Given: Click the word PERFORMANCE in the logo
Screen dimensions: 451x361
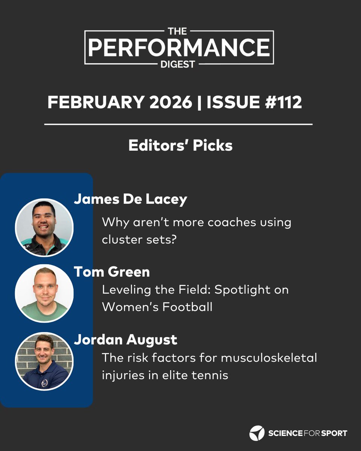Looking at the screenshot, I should [x=179, y=47].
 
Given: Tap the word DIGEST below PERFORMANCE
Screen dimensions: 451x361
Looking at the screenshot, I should [x=179, y=64].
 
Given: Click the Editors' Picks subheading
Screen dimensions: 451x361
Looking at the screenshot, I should [x=180, y=146].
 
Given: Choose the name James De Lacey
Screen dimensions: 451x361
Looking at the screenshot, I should [x=130, y=199].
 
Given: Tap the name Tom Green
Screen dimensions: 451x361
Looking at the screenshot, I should [x=112, y=272].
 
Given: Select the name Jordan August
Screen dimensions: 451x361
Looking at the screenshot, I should [x=125, y=340].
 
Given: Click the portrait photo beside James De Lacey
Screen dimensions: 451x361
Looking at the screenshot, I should [x=44, y=228].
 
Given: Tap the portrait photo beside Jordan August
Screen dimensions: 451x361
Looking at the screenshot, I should [x=44, y=361].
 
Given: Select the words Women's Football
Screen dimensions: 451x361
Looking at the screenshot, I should [x=157, y=307].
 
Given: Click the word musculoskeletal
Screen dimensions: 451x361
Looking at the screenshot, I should [x=268, y=358].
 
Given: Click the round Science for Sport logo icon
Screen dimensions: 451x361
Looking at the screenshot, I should [x=257, y=433].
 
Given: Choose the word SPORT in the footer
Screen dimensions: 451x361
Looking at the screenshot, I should [x=332, y=433].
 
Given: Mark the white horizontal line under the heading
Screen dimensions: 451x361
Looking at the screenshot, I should [x=178, y=124].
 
